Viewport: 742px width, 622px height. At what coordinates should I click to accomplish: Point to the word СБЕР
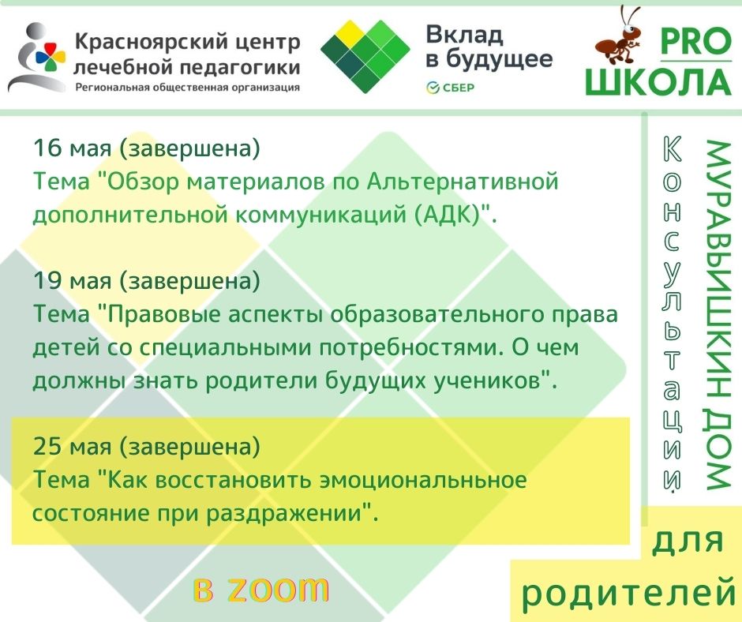click(x=459, y=87)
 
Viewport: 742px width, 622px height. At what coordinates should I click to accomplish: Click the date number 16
click(x=46, y=148)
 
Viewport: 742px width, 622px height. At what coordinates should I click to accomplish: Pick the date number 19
click(x=46, y=280)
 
